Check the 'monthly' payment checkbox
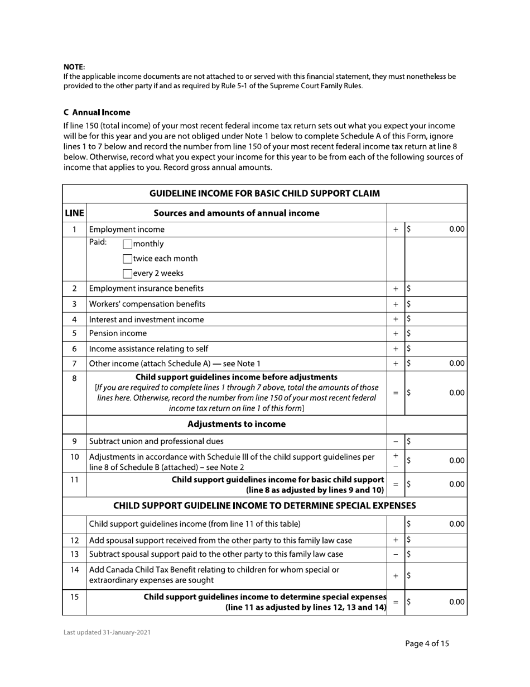[x=127, y=244]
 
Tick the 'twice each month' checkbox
[x=127, y=259]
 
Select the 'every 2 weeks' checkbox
[x=127, y=274]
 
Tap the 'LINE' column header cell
[x=74, y=213]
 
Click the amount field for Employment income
[x=436, y=229]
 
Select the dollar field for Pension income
[x=436, y=333]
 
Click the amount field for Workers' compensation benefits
[x=436, y=304]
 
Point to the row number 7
[x=74, y=364]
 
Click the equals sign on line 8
[x=396, y=393]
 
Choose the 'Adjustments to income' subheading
[x=237, y=424]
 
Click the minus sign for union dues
[x=396, y=441]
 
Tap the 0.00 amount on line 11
[x=457, y=484]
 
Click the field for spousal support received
[x=436, y=540]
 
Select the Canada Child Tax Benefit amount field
[x=436, y=575]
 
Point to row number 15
[x=74, y=597]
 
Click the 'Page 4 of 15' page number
[x=427, y=643]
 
